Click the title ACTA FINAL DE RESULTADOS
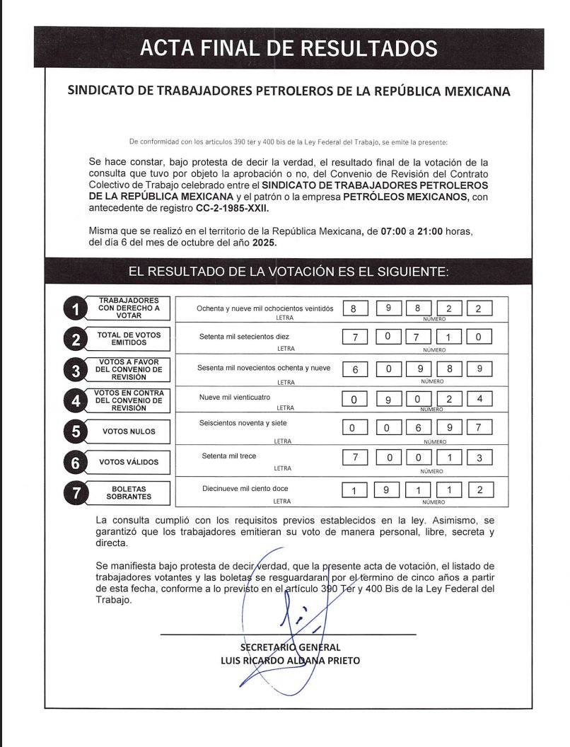tap(289, 48)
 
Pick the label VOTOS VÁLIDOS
tap(129, 463)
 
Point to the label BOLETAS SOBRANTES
tap(129, 493)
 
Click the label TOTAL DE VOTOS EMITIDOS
tap(129, 339)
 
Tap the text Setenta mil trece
tap(228, 456)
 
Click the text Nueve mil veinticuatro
tap(235, 398)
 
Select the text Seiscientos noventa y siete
tap(244, 423)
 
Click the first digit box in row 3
tap(354, 369)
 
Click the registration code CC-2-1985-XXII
tap(233, 209)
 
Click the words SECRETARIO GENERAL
tap(290, 647)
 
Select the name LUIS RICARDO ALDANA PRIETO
tap(290, 661)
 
